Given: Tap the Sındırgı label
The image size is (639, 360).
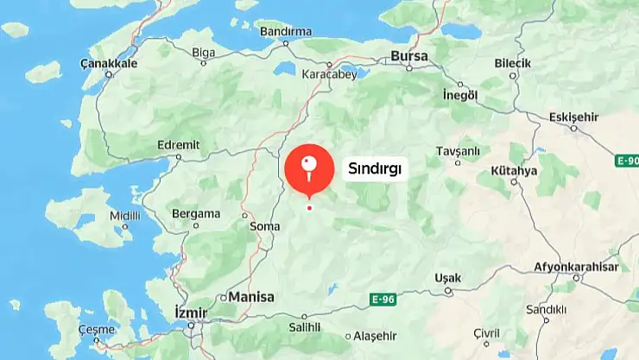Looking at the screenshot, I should coord(375,169).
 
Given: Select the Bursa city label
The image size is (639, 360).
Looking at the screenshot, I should coord(409,56).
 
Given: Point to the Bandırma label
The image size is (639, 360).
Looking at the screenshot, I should coord(285,32).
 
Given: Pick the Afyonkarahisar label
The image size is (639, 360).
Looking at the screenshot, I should coord(576,267).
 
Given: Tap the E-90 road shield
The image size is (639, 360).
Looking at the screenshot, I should coord(628,161).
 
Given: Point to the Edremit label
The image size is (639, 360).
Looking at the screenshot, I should coord(180,145).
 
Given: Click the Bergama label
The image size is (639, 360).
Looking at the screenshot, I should coord(196,213).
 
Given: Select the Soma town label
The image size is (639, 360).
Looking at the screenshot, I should coord(264,227).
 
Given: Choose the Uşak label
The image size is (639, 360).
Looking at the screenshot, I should coord(448,278).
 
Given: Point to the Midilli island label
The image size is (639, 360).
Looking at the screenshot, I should coord(124,216).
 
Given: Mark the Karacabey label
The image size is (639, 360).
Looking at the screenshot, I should coord(329,74).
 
